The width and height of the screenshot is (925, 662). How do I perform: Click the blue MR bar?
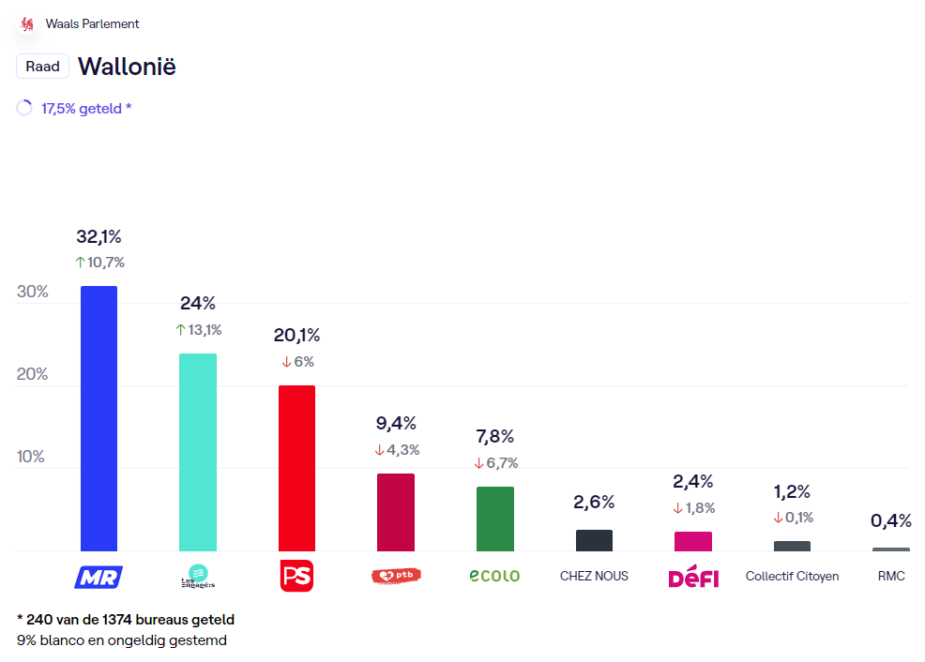(x=99, y=418)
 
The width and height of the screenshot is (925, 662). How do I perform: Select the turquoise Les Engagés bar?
(x=198, y=452)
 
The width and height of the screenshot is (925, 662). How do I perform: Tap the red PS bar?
(x=296, y=468)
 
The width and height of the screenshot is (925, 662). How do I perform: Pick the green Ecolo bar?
(x=494, y=519)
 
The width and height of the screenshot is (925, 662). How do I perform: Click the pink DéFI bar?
(x=693, y=541)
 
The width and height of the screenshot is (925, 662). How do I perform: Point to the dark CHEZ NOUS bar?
(x=594, y=540)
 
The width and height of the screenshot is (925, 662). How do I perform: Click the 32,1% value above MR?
(x=99, y=236)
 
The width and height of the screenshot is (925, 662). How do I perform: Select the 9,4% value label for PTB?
(x=396, y=424)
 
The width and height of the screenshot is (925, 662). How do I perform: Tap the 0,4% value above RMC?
(x=890, y=521)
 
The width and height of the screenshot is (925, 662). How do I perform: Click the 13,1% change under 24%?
(x=199, y=330)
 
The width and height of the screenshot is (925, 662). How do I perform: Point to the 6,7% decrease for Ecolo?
(x=496, y=463)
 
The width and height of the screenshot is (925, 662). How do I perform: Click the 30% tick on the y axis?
(x=33, y=292)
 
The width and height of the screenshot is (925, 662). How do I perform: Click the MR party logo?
(x=99, y=577)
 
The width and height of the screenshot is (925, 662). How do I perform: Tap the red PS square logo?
(x=296, y=576)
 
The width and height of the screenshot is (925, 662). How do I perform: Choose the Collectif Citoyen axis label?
(x=792, y=576)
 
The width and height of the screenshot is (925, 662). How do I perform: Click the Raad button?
(x=42, y=67)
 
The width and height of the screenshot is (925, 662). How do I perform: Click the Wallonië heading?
(x=127, y=67)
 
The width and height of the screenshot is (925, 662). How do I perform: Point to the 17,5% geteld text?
(x=85, y=109)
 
